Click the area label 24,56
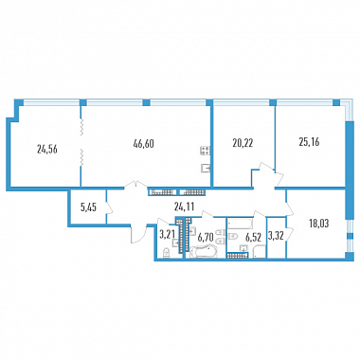pyautogui.click(x=47, y=150)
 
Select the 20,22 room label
pyautogui.click(x=243, y=143)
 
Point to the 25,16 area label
pyautogui.click(x=309, y=142)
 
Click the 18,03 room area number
pyautogui.click(x=319, y=224)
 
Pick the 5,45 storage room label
pyautogui.click(x=88, y=207)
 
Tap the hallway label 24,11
pyautogui.click(x=184, y=207)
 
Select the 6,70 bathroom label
pyautogui.click(x=206, y=237)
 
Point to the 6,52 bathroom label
pyautogui.click(x=253, y=238)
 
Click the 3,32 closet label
pyautogui.click(x=276, y=235)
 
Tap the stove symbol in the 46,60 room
pyautogui.click(x=205, y=151)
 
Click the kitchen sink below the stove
pyautogui.click(x=206, y=169)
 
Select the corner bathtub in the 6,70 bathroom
pyautogui.click(x=204, y=253)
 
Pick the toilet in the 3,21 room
pyautogui.click(x=166, y=253)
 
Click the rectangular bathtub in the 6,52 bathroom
pyautogui.click(x=241, y=223)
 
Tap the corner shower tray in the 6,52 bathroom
pyautogui.click(x=260, y=253)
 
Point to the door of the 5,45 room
pyautogui.click(x=109, y=207)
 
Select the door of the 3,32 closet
pyautogui.click(x=290, y=235)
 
